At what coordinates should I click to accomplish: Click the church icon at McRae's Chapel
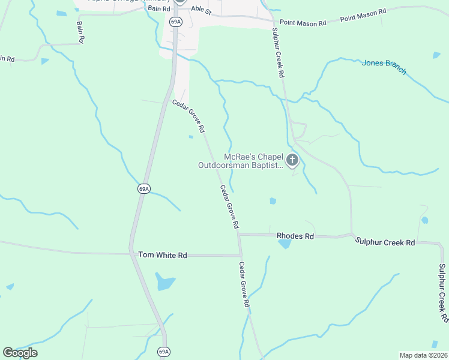[x=292, y=160]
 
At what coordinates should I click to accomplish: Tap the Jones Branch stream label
[x=384, y=67]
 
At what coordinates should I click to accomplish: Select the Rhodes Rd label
[x=295, y=236]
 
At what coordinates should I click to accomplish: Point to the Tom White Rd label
[x=163, y=255]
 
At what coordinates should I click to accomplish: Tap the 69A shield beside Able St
[x=175, y=22]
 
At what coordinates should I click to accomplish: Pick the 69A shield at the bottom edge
[x=163, y=352]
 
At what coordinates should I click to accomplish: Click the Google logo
[x=20, y=353]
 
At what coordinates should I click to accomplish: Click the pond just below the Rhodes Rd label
[x=285, y=244]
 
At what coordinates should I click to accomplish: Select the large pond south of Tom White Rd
[x=164, y=281]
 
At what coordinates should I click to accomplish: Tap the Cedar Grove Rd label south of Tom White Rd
[x=244, y=285]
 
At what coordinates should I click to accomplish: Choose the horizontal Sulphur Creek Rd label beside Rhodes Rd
[x=385, y=242]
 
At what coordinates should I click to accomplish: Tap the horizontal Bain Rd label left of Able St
[x=159, y=9]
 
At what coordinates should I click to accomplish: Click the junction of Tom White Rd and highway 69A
[x=131, y=253]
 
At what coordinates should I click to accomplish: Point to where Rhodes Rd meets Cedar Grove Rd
[x=239, y=235]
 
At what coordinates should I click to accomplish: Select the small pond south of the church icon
[x=273, y=201]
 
